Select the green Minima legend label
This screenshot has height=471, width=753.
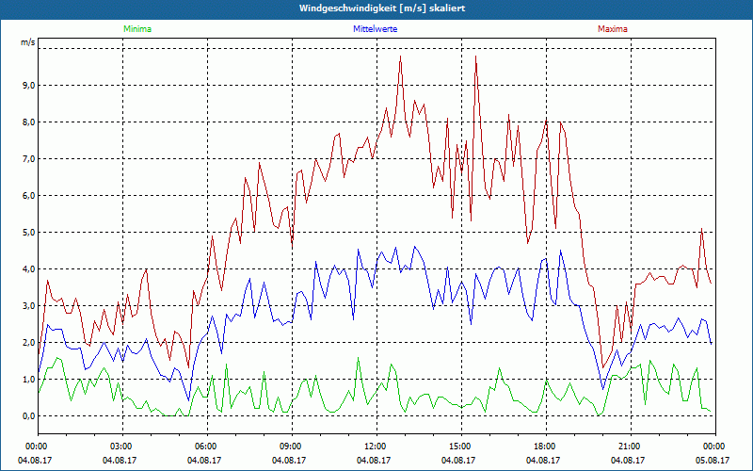pyautogui.click(x=136, y=29)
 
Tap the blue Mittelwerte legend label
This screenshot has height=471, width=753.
pyautogui.click(x=376, y=29)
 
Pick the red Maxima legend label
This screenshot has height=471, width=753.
pyautogui.click(x=612, y=29)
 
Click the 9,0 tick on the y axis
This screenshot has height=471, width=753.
pyautogui.click(x=27, y=86)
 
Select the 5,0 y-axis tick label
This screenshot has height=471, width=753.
pyautogui.click(x=27, y=233)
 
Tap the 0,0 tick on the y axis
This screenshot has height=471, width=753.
pyautogui.click(x=27, y=416)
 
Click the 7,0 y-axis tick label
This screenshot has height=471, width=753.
pyautogui.click(x=27, y=159)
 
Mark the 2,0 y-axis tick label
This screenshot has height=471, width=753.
pyautogui.click(x=27, y=343)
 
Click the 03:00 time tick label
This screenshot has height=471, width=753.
pyautogui.click(x=121, y=446)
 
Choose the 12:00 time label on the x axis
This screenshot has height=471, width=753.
pyautogui.click(x=375, y=446)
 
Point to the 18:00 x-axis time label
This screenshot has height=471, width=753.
pyautogui.click(x=544, y=446)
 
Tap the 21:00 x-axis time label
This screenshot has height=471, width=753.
pyautogui.click(x=629, y=446)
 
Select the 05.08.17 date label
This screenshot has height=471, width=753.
pyautogui.click(x=713, y=461)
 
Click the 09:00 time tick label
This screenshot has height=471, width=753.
pyautogui.click(x=290, y=446)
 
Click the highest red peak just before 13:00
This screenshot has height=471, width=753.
pyautogui.click(x=400, y=57)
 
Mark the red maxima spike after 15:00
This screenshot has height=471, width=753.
pyautogui.click(x=476, y=57)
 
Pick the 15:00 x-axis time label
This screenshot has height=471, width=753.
pyautogui.click(x=459, y=446)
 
